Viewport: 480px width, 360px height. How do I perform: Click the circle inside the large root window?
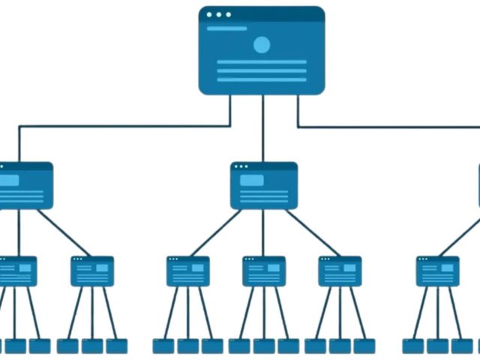coord(261,45)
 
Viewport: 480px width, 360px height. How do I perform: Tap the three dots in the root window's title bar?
coord(219,14)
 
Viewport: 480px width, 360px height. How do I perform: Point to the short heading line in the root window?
coord(226,28)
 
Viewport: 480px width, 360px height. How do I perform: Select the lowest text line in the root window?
coord(261,79)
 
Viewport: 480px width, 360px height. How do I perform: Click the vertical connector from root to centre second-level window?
coord(262,127)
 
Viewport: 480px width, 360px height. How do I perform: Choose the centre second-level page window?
coord(263,185)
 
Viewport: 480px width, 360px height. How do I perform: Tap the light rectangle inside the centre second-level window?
coord(252,180)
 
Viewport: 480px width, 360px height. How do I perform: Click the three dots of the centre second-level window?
coord(241,166)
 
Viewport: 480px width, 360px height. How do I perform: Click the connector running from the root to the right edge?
coord(390,127)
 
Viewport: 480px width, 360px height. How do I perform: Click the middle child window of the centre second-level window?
coord(263,271)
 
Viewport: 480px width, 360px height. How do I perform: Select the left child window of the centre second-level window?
coord(187,271)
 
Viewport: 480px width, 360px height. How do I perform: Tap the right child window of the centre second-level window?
coord(339,271)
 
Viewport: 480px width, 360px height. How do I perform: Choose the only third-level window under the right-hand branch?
coord(437,271)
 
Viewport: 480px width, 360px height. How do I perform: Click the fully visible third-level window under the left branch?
coord(92,271)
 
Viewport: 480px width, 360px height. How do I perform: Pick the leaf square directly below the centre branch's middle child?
coord(263,346)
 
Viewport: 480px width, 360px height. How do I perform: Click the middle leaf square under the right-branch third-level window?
coord(437,346)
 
